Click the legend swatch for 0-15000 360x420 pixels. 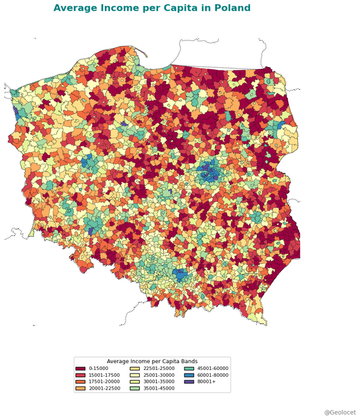pos(80,369)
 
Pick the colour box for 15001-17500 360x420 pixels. pos(80,375)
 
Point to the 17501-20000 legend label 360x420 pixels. pos(102,382)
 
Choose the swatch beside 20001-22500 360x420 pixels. pos(80,388)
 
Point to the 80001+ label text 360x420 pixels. pos(205,382)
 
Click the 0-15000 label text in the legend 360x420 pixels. pos(98,369)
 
